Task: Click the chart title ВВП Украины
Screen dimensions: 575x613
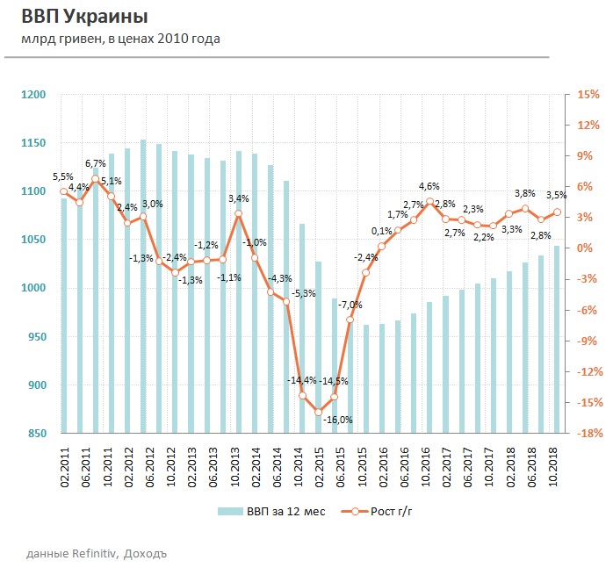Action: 84,18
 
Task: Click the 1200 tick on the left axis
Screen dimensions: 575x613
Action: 34,95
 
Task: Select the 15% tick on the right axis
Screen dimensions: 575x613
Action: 587,95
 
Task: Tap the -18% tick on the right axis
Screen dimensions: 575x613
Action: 587,434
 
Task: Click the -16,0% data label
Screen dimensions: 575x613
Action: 338,420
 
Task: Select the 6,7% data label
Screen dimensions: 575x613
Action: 95,163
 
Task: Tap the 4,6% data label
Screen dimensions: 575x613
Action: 429,187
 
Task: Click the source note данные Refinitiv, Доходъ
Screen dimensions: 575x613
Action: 97,553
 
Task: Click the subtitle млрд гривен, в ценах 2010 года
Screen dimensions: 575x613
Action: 120,39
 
